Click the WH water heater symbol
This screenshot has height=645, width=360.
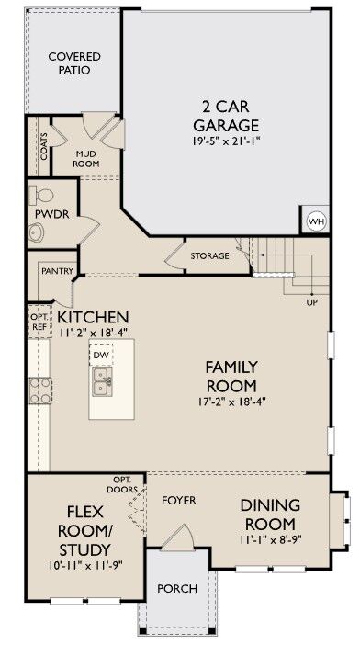point(316,221)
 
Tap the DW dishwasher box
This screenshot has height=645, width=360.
point(100,355)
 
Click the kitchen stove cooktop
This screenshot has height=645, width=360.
point(40,391)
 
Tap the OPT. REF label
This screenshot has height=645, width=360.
point(39,322)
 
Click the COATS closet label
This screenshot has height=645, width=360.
point(44,147)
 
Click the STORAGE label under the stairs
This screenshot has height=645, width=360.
point(209,255)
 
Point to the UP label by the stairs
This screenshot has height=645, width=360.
point(311,301)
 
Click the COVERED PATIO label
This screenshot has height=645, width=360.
point(74,63)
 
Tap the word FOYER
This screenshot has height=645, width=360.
point(178,501)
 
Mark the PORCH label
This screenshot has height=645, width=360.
point(174,588)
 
